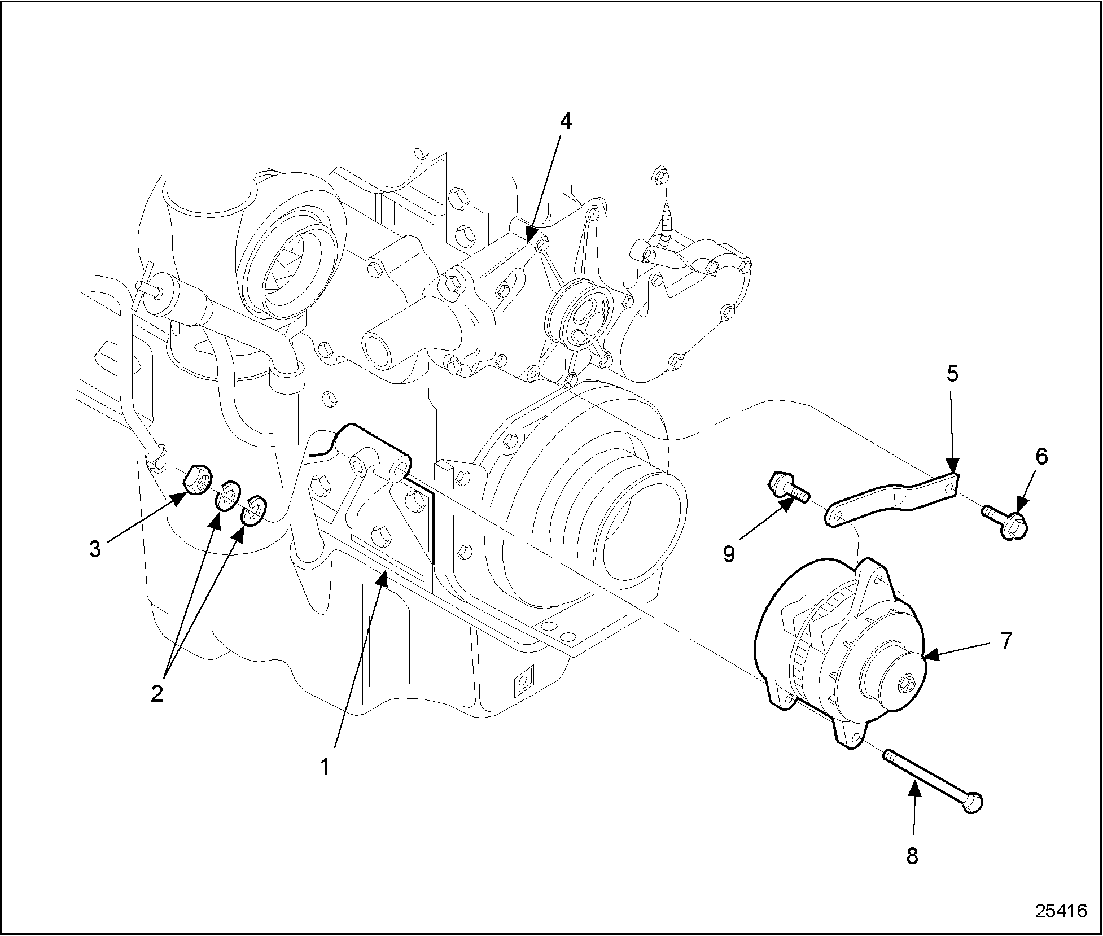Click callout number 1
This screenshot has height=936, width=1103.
pyautogui.click(x=324, y=767)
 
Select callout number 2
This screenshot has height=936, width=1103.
pyautogui.click(x=156, y=693)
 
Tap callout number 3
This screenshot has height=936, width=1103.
pyautogui.click(x=95, y=549)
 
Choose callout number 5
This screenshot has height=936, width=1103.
pyautogui.click(x=952, y=374)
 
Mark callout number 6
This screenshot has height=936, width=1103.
pyautogui.click(x=1041, y=456)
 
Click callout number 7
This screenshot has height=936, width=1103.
pyautogui.click(x=1006, y=641)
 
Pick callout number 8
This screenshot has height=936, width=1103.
pyautogui.click(x=912, y=856)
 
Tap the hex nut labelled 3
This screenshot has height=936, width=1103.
pyautogui.click(x=198, y=479)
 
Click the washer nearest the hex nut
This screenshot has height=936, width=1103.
pyautogui.click(x=229, y=495)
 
